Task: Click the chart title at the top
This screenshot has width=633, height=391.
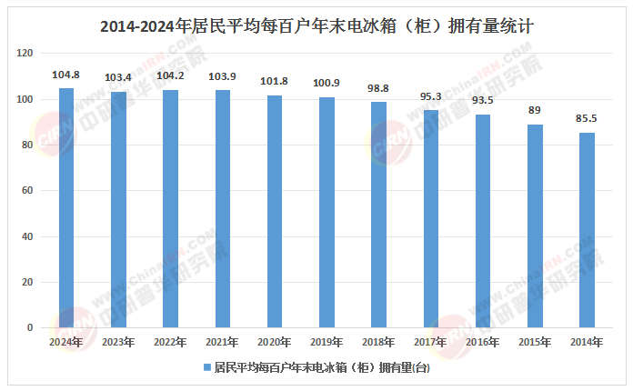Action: tap(316, 27)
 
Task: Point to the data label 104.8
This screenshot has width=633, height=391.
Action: tap(66, 75)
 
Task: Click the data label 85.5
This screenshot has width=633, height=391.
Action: tap(588, 119)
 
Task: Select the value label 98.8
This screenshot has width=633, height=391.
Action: tap(379, 89)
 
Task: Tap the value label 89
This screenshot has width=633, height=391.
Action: tap(535, 111)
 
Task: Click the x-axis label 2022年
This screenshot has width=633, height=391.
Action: tap(170, 342)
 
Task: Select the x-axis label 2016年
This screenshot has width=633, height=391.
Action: tap(483, 342)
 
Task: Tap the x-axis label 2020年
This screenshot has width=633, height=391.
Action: tap(275, 342)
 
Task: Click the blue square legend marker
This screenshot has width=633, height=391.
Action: tap(206, 368)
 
